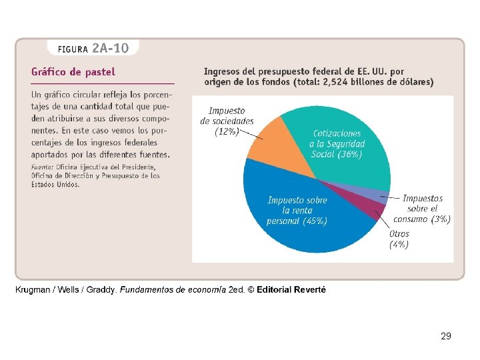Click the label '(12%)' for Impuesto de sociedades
(226, 132)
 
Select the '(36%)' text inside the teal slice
(349, 154)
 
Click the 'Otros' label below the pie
(399, 234)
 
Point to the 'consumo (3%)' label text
(421, 219)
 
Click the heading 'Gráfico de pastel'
(73, 71)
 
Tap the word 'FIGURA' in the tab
(73, 49)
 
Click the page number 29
(446, 336)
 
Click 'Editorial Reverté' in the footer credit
(291, 290)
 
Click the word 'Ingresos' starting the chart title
(224, 71)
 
